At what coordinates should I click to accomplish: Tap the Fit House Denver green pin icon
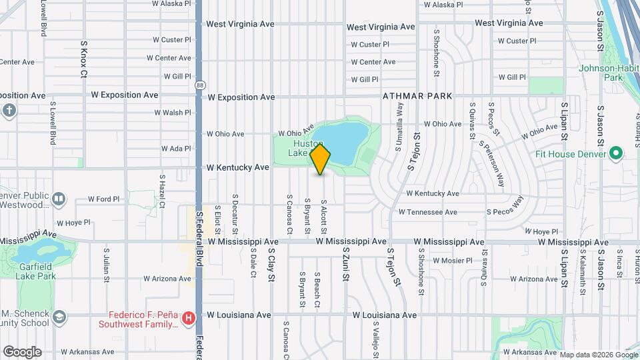tap(616, 155)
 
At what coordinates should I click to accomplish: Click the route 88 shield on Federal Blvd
tap(200, 85)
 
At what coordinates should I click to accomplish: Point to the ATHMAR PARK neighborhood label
tap(417, 96)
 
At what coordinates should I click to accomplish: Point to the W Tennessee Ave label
tap(427, 212)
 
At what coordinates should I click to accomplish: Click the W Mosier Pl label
tap(452, 261)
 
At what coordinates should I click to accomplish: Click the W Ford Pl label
tap(103, 199)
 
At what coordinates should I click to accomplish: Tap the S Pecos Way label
tap(506, 206)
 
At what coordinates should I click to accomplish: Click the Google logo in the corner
tap(22, 352)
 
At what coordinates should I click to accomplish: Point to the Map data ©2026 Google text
tap(598, 354)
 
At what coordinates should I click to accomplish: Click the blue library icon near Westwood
tap(59, 199)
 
